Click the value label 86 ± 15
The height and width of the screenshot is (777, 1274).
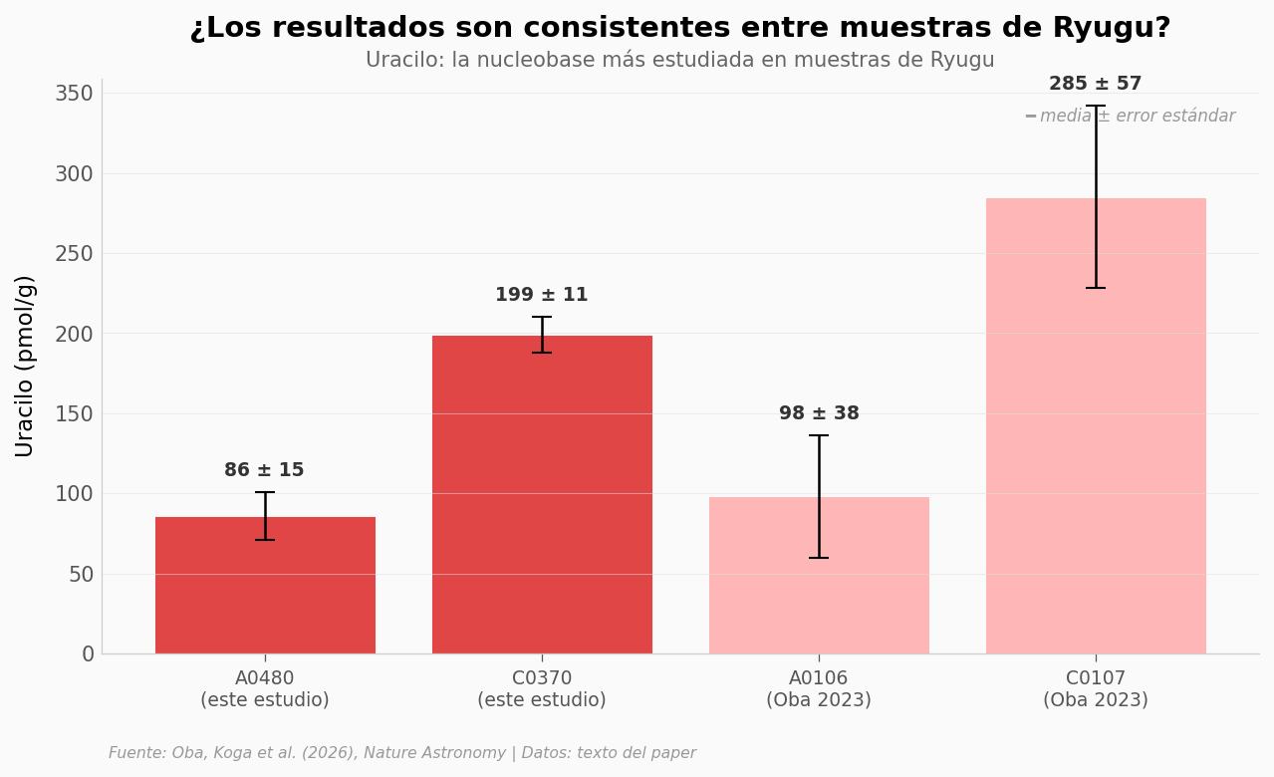[x=264, y=470]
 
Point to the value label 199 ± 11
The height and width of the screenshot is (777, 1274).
[x=541, y=295]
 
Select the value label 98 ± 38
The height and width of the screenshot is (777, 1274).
[x=819, y=413]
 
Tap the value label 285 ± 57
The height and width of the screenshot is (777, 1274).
[x=1095, y=84]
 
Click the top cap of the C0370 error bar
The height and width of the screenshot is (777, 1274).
[x=542, y=317]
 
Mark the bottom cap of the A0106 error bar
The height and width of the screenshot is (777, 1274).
[x=819, y=558]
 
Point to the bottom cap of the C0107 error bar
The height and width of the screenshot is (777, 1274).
[x=1096, y=288]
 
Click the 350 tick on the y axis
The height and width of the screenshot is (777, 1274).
[x=74, y=94]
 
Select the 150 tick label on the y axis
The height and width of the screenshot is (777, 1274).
[x=74, y=414]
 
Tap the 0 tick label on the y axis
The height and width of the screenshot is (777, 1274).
[x=88, y=654]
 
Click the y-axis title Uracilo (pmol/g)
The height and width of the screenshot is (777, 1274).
[x=25, y=366]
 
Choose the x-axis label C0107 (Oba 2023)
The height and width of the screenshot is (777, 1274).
[x=1096, y=689]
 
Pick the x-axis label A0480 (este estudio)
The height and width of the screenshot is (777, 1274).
[x=265, y=689]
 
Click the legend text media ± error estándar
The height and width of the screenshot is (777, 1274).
[x=1137, y=117]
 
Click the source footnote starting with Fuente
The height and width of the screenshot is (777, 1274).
[x=402, y=753]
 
